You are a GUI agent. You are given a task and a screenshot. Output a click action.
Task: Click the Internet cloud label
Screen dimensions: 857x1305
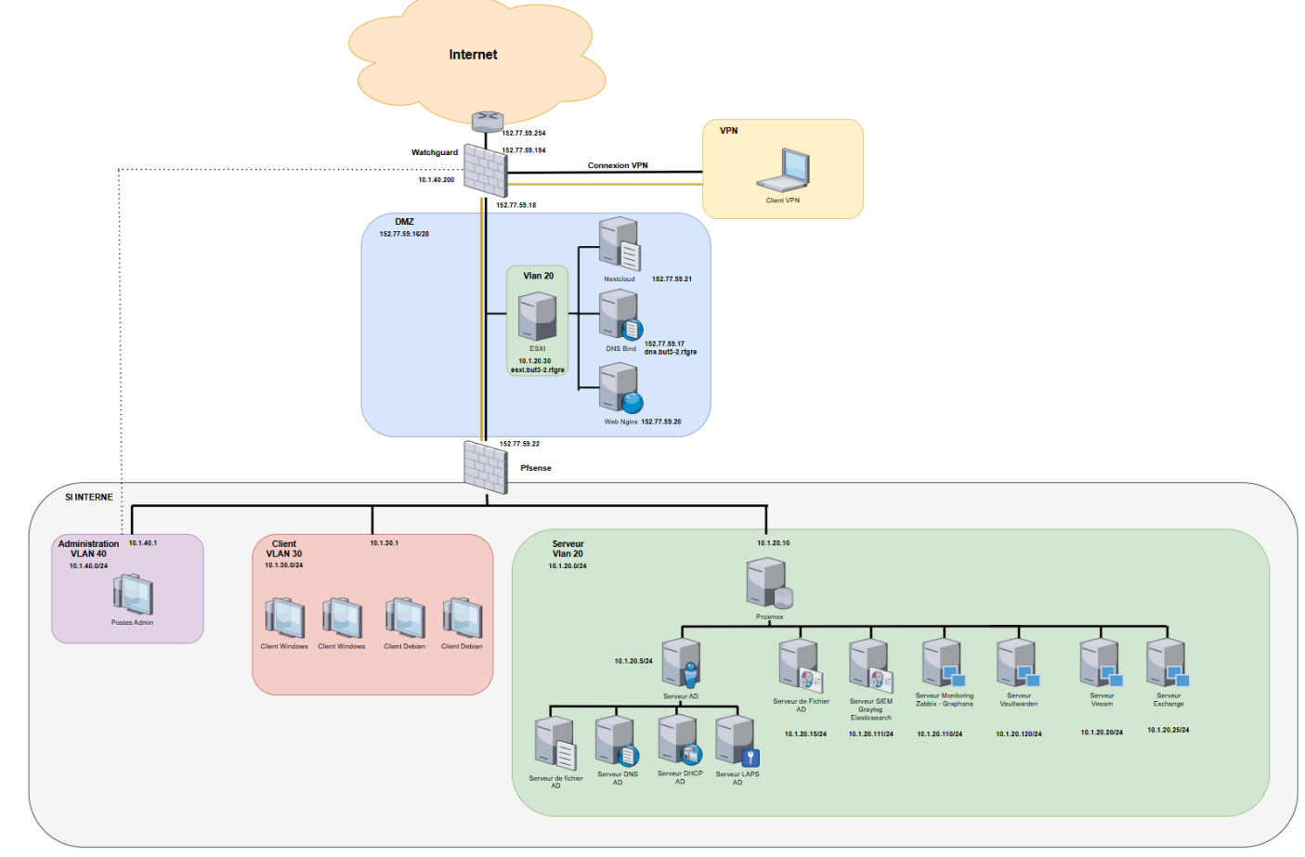(473, 55)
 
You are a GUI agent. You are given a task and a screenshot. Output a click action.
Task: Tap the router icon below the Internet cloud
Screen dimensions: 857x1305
(487, 121)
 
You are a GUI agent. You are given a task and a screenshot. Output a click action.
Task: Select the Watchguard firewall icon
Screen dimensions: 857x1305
(485, 170)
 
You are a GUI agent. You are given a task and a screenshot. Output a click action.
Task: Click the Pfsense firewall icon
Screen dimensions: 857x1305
(485, 467)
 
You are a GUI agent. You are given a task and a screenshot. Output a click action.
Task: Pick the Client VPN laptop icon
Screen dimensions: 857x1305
(783, 171)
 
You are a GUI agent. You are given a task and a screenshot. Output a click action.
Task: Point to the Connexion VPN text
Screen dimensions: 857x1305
(618, 165)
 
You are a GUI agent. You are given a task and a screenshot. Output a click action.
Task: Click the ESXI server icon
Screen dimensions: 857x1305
(537, 317)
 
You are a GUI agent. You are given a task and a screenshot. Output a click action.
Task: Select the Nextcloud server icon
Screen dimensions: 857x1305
(620, 244)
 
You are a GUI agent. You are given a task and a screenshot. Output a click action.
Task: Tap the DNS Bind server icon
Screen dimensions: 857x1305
(620, 316)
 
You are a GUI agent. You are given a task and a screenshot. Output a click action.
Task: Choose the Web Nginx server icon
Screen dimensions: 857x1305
(620, 387)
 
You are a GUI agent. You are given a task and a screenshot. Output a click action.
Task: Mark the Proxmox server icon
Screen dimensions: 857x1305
(768, 583)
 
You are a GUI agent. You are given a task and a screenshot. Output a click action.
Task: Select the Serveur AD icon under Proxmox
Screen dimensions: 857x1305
(681, 663)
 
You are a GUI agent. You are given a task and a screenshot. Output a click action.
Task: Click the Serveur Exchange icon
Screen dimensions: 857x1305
(1167, 663)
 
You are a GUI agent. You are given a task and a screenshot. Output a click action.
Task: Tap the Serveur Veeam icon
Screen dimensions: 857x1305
(1101, 663)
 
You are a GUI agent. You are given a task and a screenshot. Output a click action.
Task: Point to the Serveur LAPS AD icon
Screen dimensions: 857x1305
(737, 741)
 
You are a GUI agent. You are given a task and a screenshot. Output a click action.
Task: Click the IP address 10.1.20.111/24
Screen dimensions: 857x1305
(870, 734)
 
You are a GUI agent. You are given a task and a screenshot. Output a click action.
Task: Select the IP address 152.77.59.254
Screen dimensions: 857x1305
(524, 134)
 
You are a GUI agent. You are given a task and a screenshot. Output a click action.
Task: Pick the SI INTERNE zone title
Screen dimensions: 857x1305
(89, 498)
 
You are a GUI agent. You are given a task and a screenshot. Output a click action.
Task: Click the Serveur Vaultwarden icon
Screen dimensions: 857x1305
(1017, 663)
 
